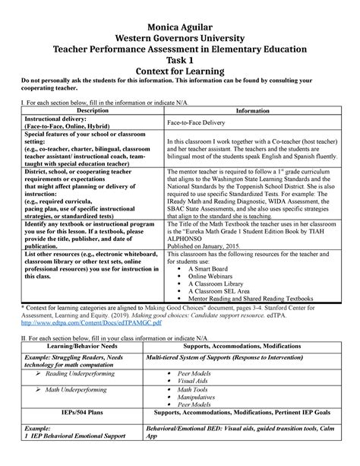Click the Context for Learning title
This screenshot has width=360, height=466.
pos(179,72)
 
